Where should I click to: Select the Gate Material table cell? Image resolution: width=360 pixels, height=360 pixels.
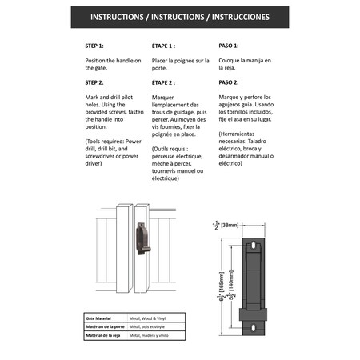[100, 318]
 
